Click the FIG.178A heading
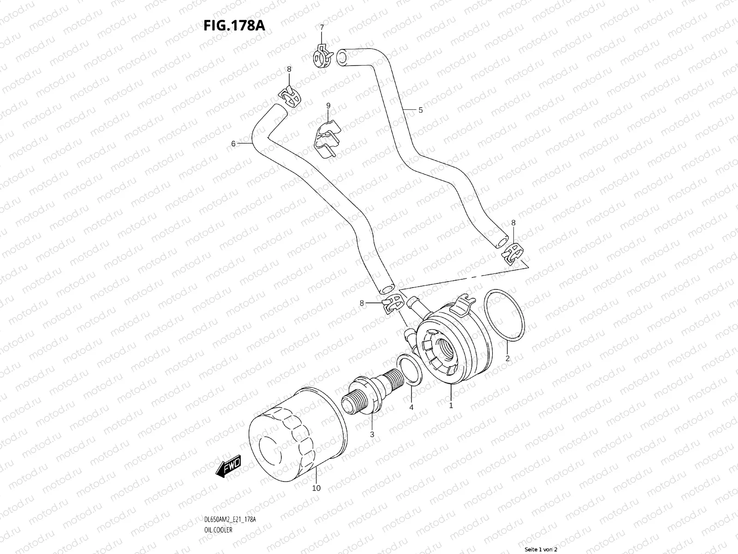[x=234, y=25]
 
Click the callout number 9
[x=328, y=106]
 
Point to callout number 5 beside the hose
[x=420, y=110]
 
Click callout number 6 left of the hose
[x=233, y=144]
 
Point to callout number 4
[x=411, y=407]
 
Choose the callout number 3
[x=372, y=434]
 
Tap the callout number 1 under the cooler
[x=451, y=406]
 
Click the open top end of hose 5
[x=342, y=57]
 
